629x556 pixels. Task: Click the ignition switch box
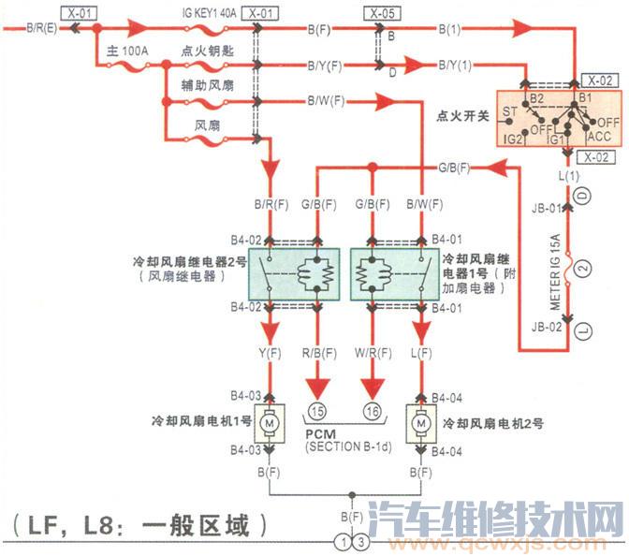[x=558, y=118]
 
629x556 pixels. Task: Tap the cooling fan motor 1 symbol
[x=271, y=425]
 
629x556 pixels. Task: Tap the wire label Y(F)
[x=270, y=353]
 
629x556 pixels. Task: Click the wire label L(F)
[x=420, y=353]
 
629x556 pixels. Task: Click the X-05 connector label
[x=377, y=14]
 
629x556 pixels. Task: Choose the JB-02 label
[x=547, y=327]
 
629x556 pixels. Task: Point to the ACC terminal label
[x=599, y=137]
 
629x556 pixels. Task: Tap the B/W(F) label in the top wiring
[x=326, y=101]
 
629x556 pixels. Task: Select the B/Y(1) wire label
[x=455, y=66]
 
